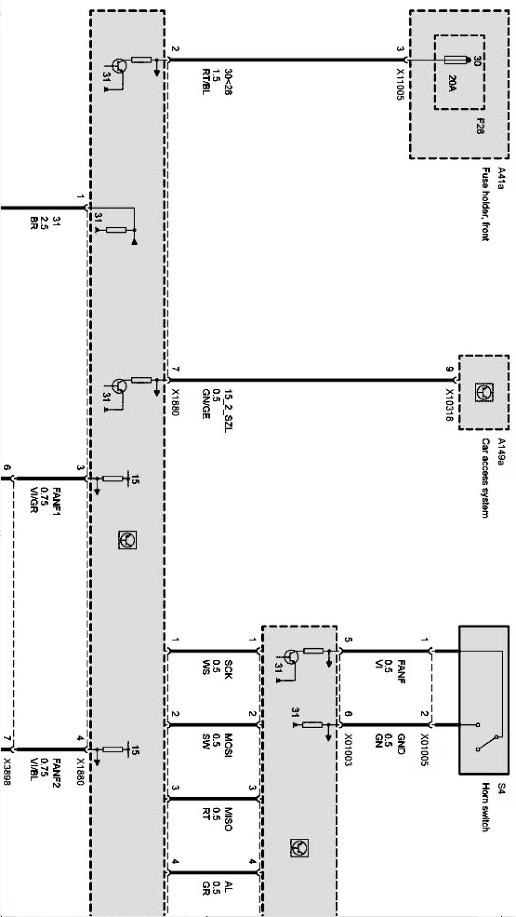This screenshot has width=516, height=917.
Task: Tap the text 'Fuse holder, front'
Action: click(x=485, y=204)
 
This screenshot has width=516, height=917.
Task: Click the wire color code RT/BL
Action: click(x=206, y=82)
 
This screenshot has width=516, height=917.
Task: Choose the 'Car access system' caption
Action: click(x=485, y=478)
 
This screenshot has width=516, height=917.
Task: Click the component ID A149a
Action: click(x=500, y=451)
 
